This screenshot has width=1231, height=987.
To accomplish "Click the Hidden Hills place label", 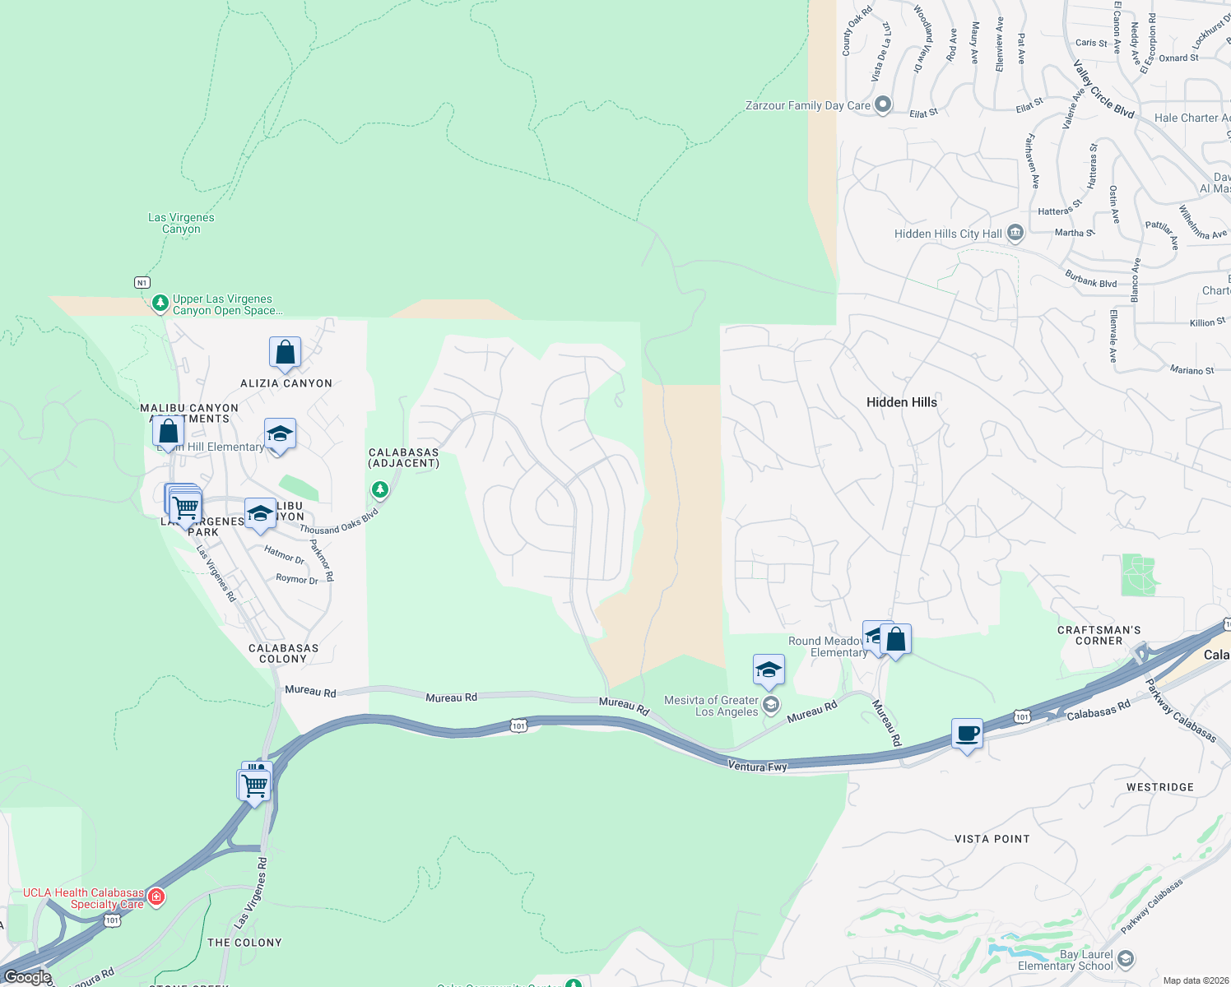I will pos(901,402).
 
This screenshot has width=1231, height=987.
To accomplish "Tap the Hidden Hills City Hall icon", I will pos(1015,234).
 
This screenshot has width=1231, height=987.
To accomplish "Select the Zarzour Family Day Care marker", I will pos(883,104).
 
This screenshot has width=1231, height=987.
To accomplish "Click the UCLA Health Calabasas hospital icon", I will pos(156,897).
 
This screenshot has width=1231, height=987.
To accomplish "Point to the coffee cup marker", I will pos(967,734).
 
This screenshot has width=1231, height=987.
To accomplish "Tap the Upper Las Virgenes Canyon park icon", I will pos(160,304).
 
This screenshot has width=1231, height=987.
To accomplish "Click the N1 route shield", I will pos(142,282).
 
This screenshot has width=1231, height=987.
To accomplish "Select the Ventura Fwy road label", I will pos(757,767).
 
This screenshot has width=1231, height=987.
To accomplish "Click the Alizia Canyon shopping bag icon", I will pos(285,353).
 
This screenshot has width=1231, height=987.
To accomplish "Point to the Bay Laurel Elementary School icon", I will pos(1126,959).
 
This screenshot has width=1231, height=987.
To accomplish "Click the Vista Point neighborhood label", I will pos(992,839).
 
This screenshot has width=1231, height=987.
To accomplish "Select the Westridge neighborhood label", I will pos(1159,787).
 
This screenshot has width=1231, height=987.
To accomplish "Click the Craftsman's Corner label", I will pos(1099,635).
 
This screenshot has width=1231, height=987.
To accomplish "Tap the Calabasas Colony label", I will pos(283,653).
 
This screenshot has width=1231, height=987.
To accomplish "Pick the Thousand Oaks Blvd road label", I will pos(339,521).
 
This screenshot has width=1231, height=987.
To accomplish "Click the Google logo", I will pos(28,977).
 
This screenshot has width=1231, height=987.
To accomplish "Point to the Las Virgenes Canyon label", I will pos(181,223).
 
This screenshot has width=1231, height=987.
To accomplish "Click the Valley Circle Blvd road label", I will pos(1103,89).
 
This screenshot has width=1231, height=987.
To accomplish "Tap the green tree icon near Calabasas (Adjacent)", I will pos(379,490).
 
